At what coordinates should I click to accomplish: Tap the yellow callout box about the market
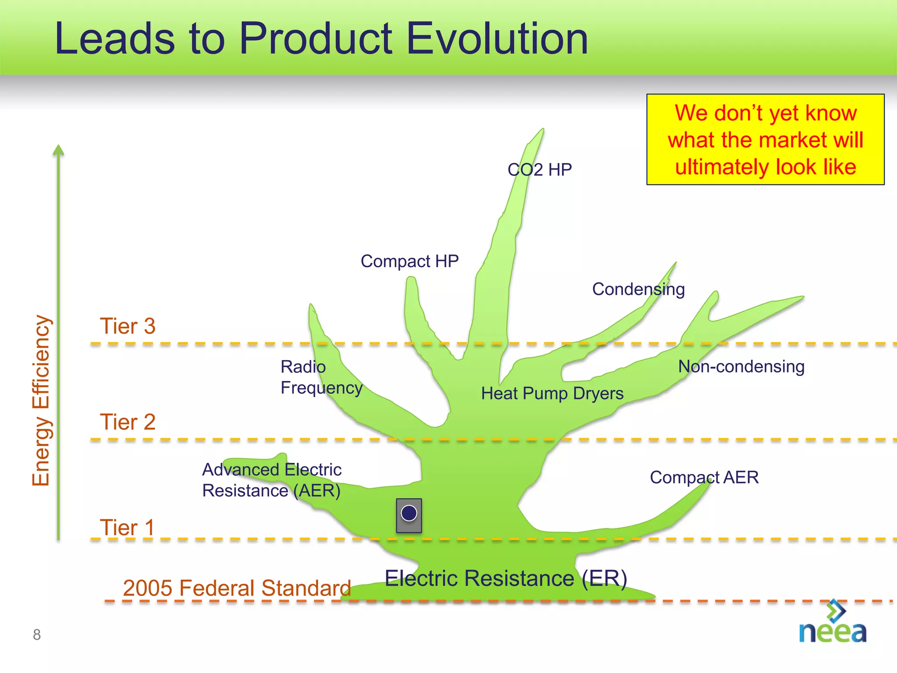click(765, 139)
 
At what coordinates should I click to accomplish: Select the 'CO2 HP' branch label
click(540, 170)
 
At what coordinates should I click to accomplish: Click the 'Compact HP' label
click(410, 261)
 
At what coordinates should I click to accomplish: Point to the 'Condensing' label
click(638, 289)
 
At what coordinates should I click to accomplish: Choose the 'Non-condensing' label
click(741, 366)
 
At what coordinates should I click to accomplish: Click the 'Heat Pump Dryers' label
click(552, 393)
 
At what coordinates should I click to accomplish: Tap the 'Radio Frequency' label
click(321, 377)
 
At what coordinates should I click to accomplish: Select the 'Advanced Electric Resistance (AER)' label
click(272, 480)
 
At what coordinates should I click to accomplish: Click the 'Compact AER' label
click(704, 477)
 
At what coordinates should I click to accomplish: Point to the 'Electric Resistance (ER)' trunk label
click(506, 578)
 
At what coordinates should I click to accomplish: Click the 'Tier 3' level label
click(127, 326)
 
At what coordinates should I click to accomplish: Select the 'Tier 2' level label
click(127, 422)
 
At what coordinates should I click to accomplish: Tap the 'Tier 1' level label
click(127, 527)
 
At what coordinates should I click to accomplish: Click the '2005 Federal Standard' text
click(237, 588)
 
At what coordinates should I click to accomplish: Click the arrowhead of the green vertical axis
click(58, 150)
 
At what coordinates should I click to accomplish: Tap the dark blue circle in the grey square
click(409, 513)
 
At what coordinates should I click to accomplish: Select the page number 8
click(37, 634)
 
